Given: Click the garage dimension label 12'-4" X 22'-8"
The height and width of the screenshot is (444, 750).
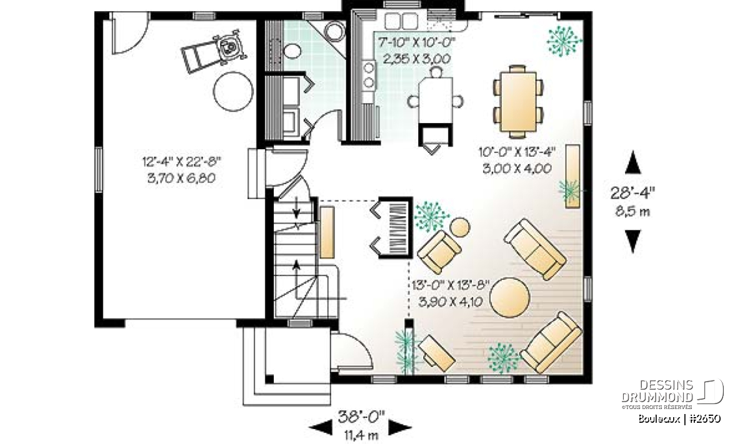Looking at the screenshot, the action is click(181, 162).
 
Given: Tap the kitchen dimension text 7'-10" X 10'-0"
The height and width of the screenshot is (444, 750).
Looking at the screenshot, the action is click(417, 42).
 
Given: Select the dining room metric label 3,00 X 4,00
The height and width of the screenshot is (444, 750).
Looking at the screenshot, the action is click(517, 169).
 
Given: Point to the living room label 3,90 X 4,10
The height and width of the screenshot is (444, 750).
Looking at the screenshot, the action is click(451, 302).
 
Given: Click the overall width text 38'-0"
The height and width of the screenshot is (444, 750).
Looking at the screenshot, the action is click(361, 417).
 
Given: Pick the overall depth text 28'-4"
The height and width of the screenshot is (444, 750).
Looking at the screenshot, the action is click(632, 193).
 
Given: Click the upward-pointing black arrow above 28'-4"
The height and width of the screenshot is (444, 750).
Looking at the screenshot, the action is click(632, 162).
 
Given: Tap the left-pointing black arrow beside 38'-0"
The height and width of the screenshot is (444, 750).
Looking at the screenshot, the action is click(321, 428).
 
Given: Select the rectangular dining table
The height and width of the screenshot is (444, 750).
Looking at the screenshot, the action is click(518, 102).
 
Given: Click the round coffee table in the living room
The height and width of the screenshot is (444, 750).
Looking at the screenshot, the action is click(509, 297).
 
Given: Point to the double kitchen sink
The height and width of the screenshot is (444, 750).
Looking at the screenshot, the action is click(401, 21).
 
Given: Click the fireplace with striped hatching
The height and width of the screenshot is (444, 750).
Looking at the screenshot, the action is click(395, 227).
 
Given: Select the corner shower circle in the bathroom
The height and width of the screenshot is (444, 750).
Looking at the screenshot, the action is click(334, 31).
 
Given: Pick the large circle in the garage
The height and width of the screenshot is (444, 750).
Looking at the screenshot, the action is click(233, 92).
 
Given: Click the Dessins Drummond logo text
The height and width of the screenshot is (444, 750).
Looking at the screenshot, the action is click(657, 392).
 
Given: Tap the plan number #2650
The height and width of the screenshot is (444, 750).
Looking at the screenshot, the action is click(705, 418).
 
